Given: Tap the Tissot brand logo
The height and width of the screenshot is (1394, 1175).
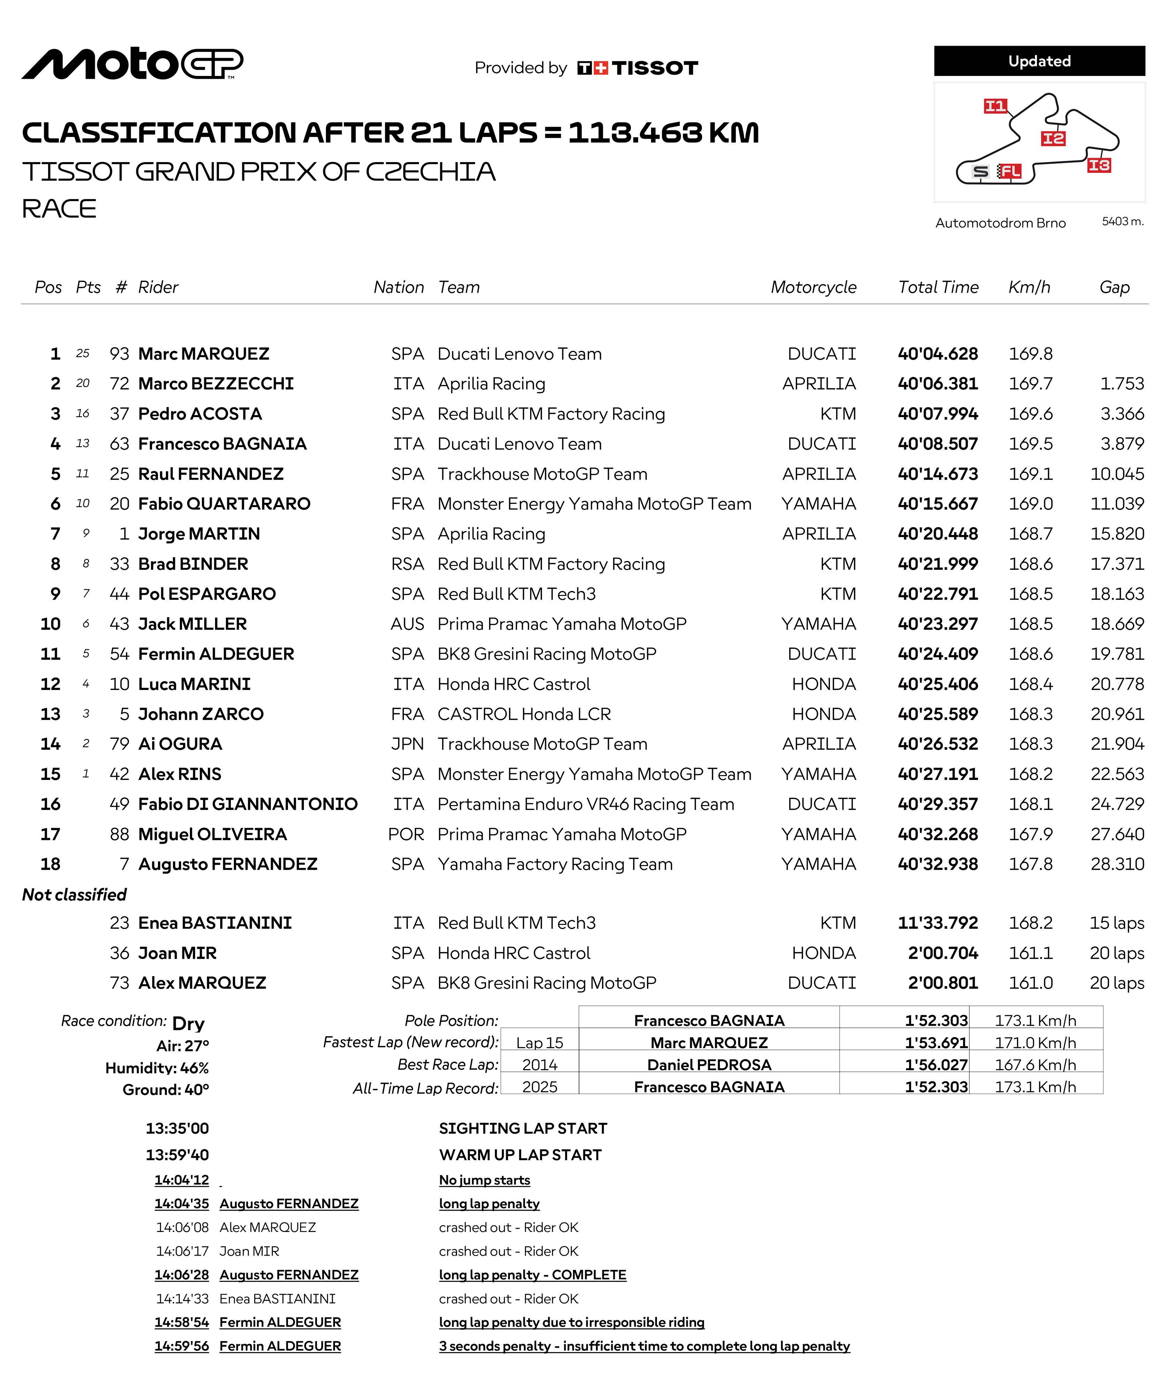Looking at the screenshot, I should coord(638,68).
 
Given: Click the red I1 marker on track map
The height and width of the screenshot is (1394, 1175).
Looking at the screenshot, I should coord(995,106).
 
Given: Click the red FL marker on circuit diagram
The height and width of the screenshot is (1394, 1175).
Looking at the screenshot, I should coord(1010,172).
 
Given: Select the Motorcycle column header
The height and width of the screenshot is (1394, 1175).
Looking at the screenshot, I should coord(813,287).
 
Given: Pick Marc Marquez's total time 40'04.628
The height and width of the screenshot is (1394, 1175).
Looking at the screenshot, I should coord(937,354).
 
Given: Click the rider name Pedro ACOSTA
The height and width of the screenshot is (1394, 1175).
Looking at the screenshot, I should coord(200,414).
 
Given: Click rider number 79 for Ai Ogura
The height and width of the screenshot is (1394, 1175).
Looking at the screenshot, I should coord(119,744).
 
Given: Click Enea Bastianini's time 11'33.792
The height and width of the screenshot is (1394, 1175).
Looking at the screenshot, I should coord(937,923).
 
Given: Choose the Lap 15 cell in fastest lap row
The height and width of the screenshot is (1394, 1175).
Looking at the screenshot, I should coord(540,1043).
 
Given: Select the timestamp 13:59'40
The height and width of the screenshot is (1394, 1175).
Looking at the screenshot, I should coord(177,1155).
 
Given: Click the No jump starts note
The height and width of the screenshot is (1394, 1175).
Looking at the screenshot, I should coord(484,1180).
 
